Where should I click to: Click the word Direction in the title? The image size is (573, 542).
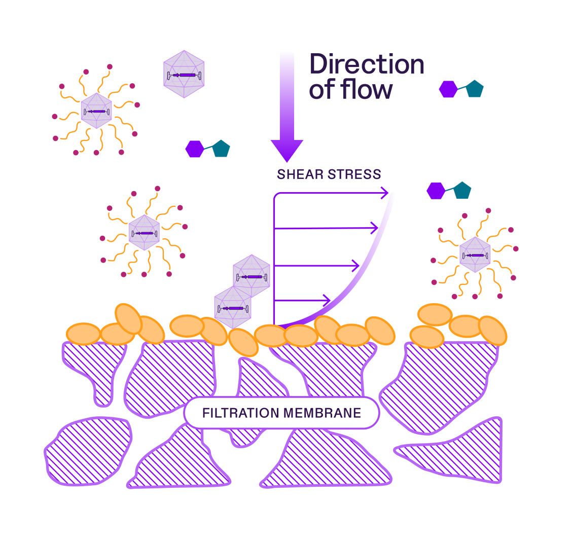coord(366,64)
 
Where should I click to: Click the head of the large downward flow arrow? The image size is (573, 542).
coord(287,150)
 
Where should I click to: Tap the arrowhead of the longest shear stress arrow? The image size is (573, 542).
coord(384,193)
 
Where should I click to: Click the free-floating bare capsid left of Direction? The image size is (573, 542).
coord(184,75)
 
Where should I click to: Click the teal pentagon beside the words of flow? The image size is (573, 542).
coord(474,89)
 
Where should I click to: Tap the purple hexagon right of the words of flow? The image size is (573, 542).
coord(448,89)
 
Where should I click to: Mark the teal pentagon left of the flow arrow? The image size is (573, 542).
coord(221,148)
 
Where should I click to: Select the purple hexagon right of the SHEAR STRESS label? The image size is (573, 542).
coord(436,191)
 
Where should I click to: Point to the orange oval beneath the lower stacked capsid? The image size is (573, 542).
coord(244,342)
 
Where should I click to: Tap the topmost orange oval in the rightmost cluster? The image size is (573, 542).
coord(435,314)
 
